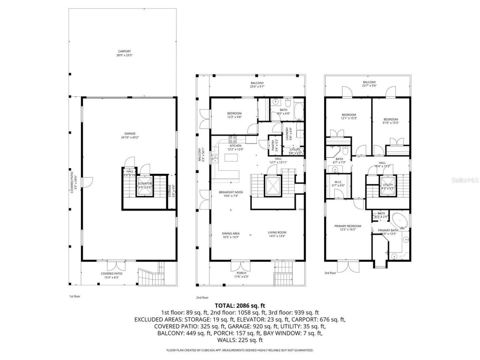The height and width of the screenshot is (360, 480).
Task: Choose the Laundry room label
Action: [x=287, y=133]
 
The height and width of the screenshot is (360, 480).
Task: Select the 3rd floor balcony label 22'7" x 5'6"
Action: [x=369, y=84]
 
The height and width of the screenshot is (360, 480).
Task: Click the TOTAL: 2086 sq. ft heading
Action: [x=240, y=306]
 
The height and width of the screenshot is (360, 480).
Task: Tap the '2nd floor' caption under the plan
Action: [x=202, y=297]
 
